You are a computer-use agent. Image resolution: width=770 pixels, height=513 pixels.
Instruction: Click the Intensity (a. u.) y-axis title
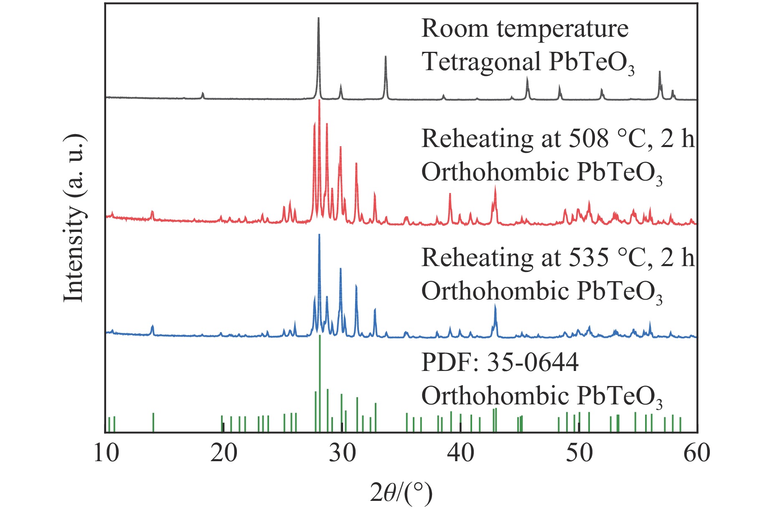point(74,217)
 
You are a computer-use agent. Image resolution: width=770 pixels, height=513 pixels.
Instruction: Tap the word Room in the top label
point(455,29)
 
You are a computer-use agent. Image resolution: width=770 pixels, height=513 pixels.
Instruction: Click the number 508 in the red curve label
point(588,139)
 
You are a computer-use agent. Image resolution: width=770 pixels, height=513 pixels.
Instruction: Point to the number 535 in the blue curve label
point(588,258)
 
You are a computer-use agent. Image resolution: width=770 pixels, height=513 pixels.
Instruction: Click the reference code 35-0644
point(533,362)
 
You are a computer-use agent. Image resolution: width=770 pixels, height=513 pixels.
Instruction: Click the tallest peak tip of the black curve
point(319,18)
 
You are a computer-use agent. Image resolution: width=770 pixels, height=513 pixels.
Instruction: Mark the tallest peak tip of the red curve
point(319,101)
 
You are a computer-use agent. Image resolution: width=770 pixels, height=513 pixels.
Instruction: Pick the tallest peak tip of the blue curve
point(319,235)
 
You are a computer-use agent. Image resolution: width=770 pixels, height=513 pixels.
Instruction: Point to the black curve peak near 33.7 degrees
point(386,57)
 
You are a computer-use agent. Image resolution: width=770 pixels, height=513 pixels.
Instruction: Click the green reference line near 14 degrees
point(153,422)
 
